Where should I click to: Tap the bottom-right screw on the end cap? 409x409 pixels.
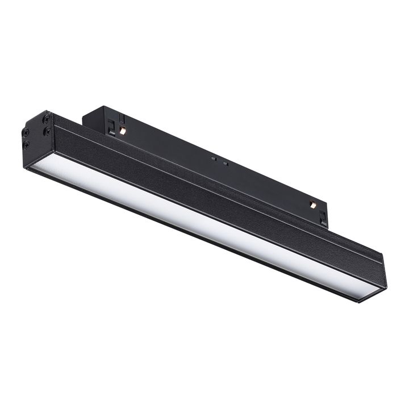coord(48,132)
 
